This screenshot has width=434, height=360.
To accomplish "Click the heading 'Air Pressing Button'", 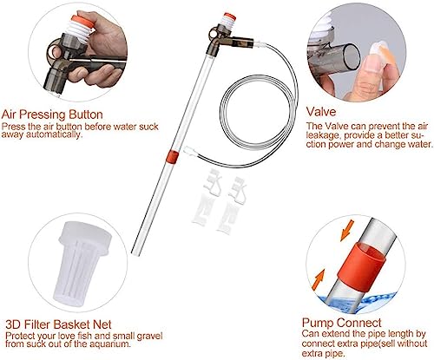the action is [x=52, y=115].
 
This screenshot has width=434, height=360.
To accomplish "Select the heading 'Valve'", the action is [x=321, y=112].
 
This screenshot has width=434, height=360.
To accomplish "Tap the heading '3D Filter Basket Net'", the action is [x=58, y=324].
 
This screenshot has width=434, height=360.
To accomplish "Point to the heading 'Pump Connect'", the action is [x=341, y=323].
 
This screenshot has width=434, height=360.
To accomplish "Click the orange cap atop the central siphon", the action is [x=230, y=16].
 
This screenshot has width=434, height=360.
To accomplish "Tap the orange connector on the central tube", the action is [x=173, y=157].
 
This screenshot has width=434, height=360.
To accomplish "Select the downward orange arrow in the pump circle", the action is [x=347, y=230].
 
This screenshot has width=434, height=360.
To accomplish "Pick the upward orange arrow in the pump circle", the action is [x=319, y=279].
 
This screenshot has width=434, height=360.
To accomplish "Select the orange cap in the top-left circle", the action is [x=82, y=22].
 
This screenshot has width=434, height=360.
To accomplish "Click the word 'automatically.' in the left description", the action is [x=53, y=134].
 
